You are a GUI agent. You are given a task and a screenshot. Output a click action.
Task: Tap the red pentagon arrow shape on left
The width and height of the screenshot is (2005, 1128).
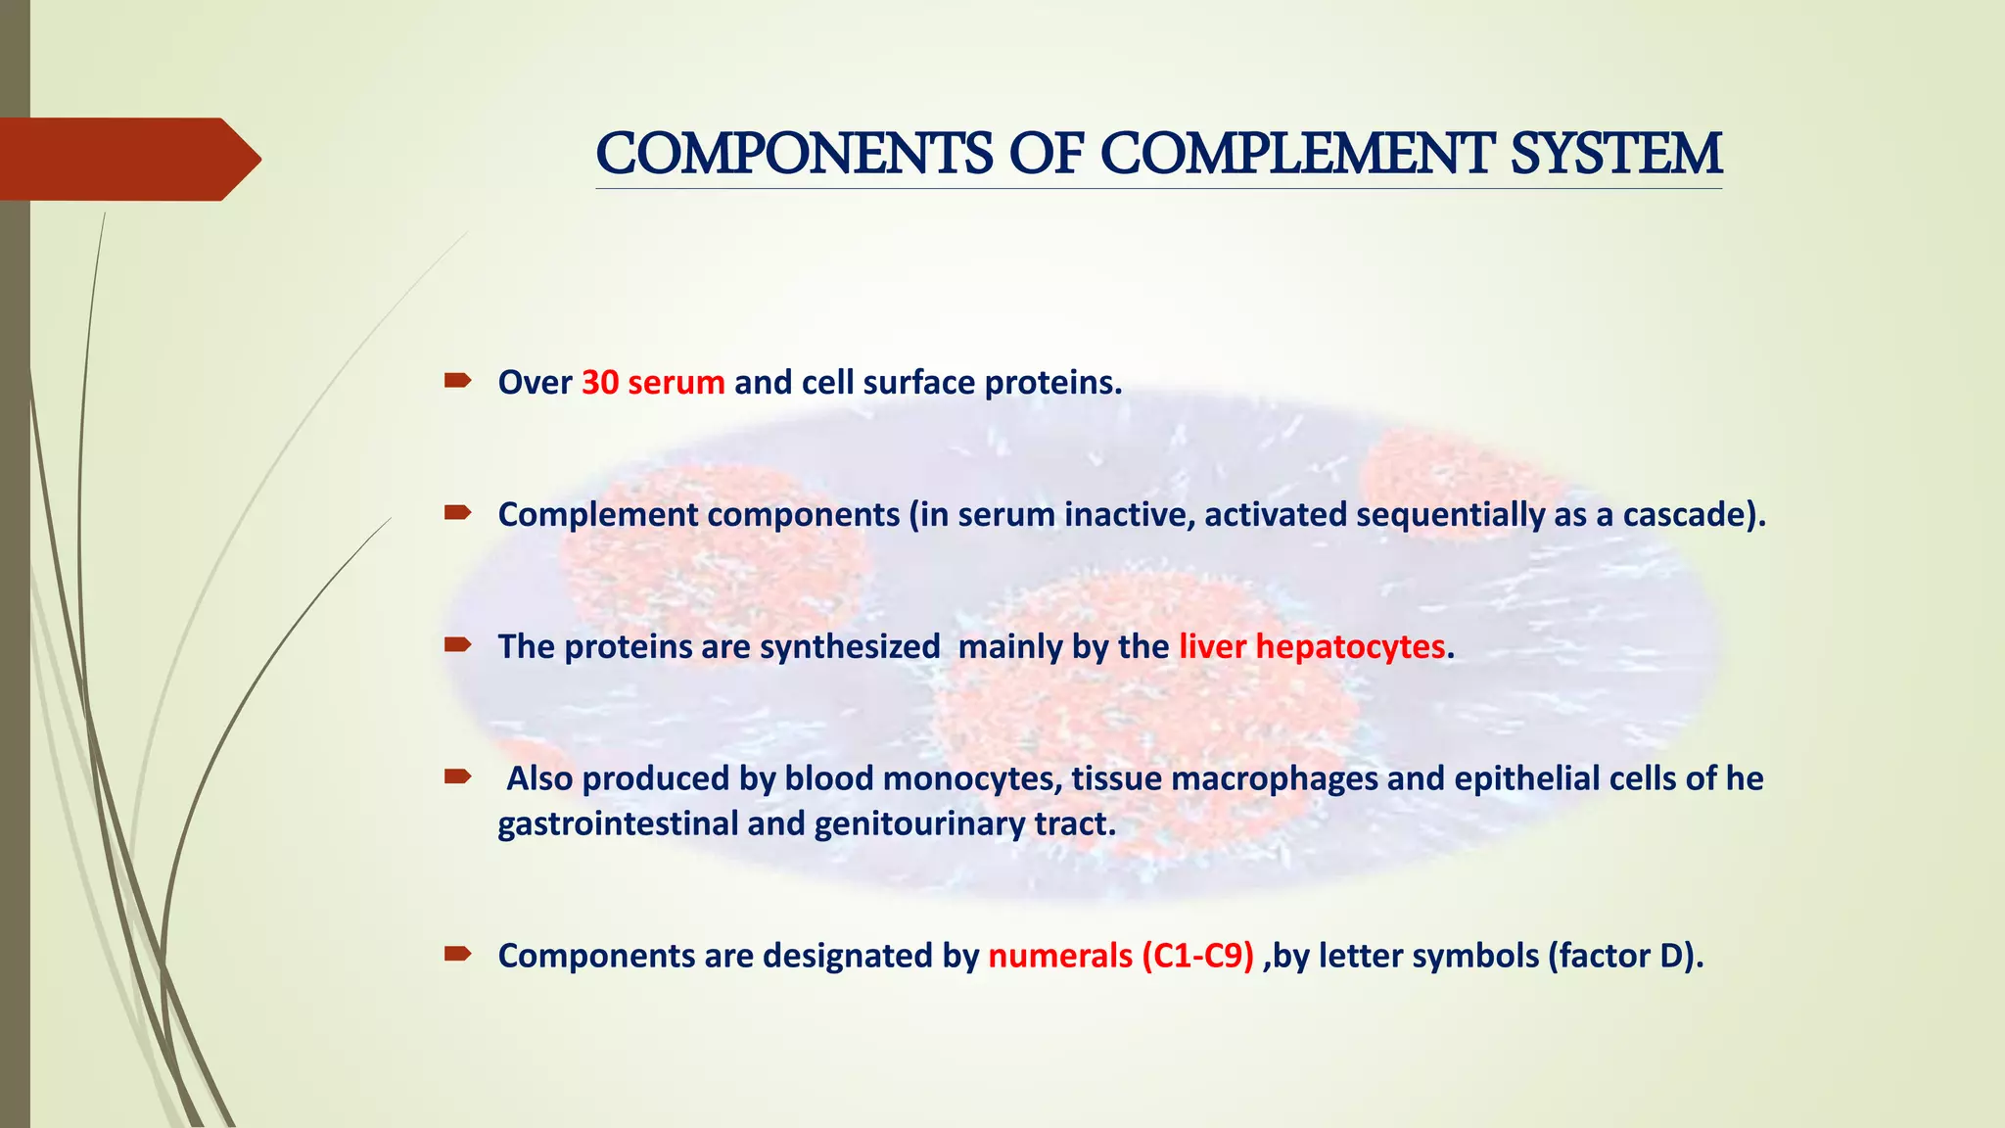pos(127,159)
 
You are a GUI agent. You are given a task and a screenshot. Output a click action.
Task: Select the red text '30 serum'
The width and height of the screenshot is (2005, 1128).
pos(653,382)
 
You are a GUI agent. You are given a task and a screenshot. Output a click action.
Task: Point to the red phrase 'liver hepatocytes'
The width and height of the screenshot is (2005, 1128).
pos(1312,646)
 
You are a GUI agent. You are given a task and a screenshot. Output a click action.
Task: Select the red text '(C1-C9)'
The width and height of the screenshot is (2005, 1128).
pos(1197,956)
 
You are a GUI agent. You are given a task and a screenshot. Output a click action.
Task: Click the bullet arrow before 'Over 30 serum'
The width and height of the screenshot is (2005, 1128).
pos(457,380)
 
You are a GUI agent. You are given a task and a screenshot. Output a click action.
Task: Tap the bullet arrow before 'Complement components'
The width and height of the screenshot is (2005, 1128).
pos(457,512)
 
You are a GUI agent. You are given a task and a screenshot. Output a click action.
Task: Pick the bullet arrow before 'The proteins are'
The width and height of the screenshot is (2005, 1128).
pos(457,644)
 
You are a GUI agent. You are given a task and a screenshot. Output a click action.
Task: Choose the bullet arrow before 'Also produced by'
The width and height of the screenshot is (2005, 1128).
pos(457,776)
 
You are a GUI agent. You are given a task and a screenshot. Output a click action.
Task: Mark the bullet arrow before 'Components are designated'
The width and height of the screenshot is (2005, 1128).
pos(457,954)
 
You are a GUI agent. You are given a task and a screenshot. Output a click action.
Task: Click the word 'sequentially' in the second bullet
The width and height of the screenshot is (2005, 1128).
pos(1450,514)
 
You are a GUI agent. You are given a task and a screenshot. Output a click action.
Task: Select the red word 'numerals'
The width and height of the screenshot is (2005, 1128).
pos(1060,956)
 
